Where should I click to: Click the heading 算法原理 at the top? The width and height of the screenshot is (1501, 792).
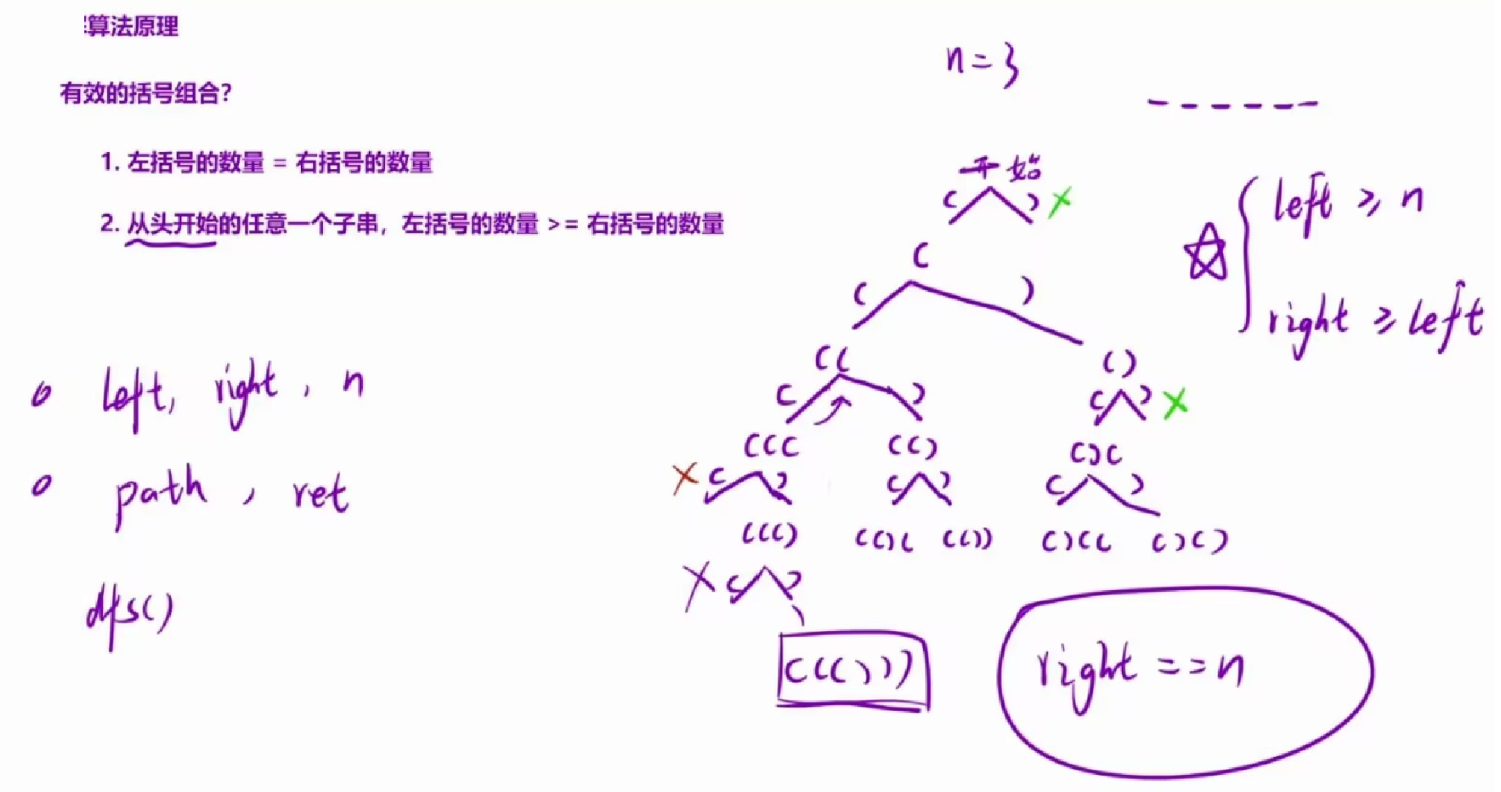point(132,27)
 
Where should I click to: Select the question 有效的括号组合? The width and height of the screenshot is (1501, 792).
point(146,93)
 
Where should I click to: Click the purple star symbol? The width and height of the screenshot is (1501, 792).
point(1206,253)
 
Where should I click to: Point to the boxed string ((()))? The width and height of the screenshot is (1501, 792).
point(852,669)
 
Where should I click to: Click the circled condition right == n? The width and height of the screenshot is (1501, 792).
point(1140,670)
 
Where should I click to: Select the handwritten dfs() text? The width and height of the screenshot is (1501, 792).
point(130,613)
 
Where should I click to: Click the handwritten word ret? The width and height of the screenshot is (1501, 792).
point(320,494)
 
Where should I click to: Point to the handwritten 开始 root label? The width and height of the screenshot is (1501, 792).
point(1002,168)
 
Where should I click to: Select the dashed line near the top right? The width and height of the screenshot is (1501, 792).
point(1232,104)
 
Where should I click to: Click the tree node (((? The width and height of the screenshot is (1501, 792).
point(770,446)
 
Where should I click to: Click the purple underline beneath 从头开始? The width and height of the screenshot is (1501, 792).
point(171,243)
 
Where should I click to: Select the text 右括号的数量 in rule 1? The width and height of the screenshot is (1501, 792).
point(364,163)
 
